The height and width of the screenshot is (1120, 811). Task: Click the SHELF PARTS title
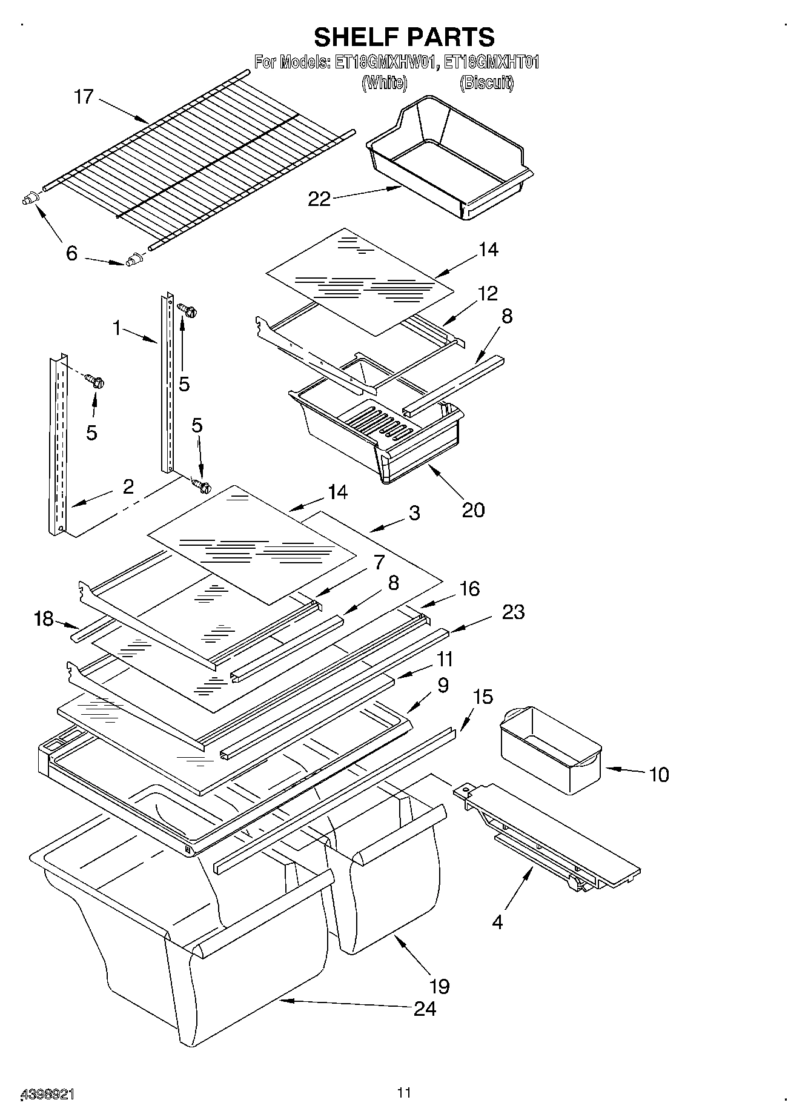click(404, 37)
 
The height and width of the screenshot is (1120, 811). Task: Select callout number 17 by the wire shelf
click(84, 96)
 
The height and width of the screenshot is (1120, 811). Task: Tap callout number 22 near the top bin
click(319, 199)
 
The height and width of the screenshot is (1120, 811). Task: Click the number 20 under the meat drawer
click(473, 509)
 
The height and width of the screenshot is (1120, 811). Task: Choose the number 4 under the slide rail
click(497, 922)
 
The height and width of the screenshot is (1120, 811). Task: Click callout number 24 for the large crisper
click(425, 1009)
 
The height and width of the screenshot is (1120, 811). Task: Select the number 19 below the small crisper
click(440, 986)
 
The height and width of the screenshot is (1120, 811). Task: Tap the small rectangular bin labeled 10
click(550, 751)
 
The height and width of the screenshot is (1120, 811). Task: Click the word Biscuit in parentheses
click(487, 82)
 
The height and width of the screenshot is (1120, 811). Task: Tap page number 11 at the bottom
click(404, 1093)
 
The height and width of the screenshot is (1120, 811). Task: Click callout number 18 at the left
click(44, 620)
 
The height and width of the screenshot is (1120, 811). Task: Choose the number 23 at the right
click(513, 612)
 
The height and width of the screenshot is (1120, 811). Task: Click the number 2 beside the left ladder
click(128, 486)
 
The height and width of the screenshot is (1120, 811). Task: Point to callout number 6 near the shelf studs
click(71, 253)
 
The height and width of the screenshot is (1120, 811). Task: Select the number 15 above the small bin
click(482, 697)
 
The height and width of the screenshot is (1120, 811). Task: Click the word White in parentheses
click(384, 82)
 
